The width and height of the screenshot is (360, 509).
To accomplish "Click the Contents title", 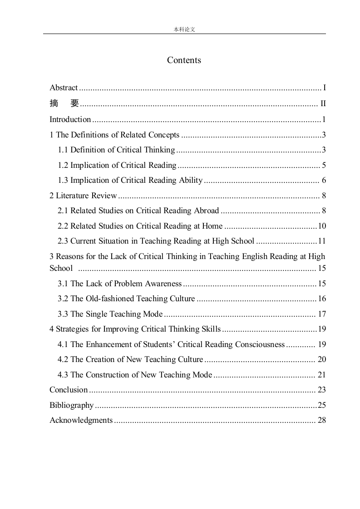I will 184,60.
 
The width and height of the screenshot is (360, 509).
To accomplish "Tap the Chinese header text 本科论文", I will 184,29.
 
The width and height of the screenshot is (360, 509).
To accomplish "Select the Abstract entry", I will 64,88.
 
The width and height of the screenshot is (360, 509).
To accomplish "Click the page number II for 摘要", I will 323,104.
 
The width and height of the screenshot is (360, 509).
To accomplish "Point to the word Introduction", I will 70,119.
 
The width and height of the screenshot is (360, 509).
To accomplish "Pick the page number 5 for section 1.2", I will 324,165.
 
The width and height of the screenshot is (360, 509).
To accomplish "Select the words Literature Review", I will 86,196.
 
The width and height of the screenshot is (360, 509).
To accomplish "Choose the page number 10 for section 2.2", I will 322,226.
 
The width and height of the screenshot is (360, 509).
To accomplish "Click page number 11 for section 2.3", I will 322,241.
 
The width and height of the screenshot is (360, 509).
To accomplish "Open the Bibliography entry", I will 71,405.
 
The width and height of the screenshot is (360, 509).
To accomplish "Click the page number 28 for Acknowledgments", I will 322,420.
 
